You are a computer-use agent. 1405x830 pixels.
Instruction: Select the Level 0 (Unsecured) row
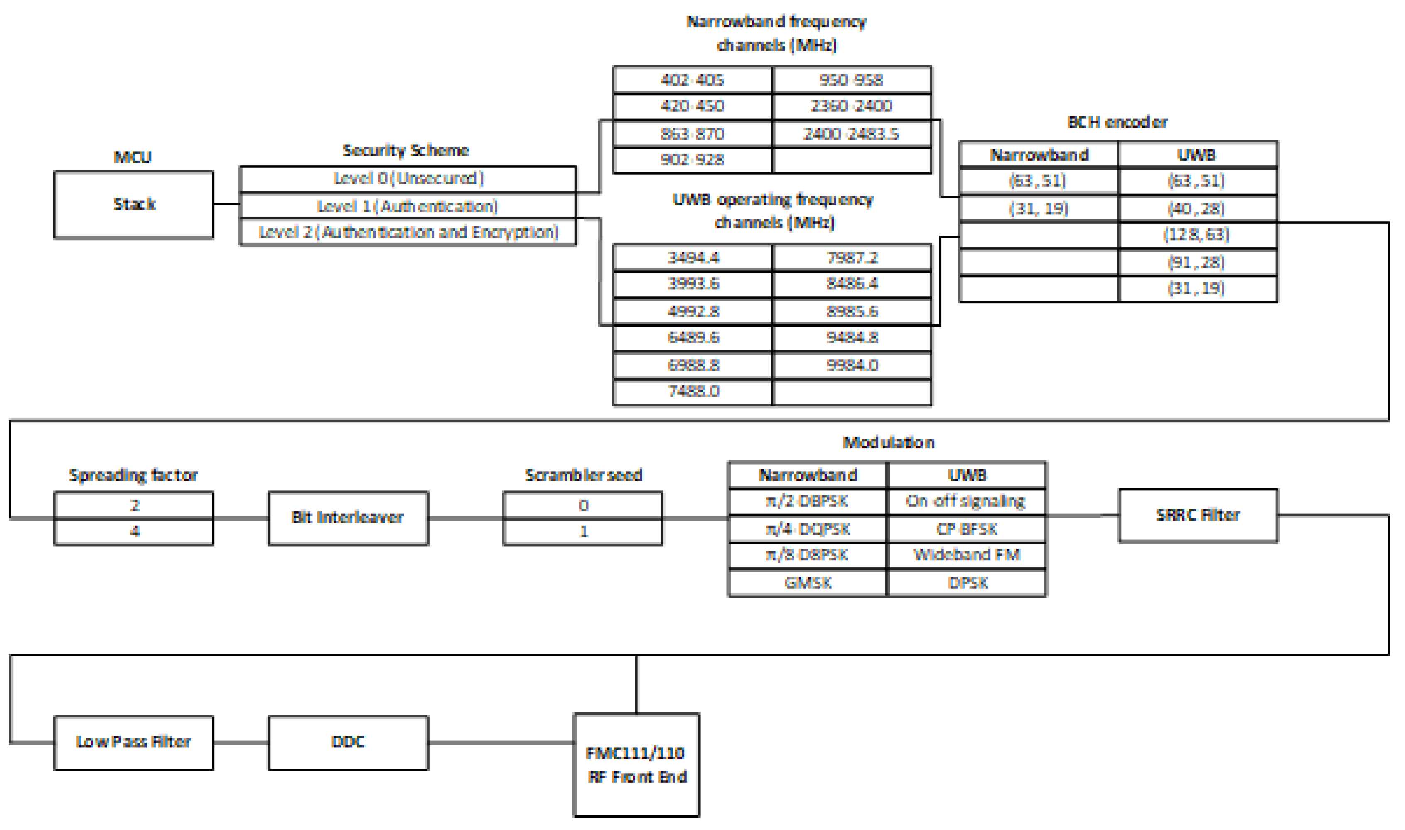408,179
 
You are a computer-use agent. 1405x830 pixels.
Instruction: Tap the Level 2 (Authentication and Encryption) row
408,232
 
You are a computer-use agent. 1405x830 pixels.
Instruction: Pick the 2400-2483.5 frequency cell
851,134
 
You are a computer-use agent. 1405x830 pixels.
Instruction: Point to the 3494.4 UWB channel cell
693,258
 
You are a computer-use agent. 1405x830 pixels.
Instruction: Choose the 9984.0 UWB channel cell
851,366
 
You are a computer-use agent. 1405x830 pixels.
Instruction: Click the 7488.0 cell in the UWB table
693,391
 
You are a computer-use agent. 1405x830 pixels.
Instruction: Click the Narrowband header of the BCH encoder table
1039,155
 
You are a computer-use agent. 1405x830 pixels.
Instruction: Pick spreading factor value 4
134,531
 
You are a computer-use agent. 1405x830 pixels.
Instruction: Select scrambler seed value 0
583,506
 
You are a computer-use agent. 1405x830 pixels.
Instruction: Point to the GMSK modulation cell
807,583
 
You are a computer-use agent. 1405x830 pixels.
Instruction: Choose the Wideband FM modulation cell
966,555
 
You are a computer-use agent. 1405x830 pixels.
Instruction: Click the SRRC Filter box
1198,515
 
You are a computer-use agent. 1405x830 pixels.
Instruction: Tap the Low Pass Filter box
134,742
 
